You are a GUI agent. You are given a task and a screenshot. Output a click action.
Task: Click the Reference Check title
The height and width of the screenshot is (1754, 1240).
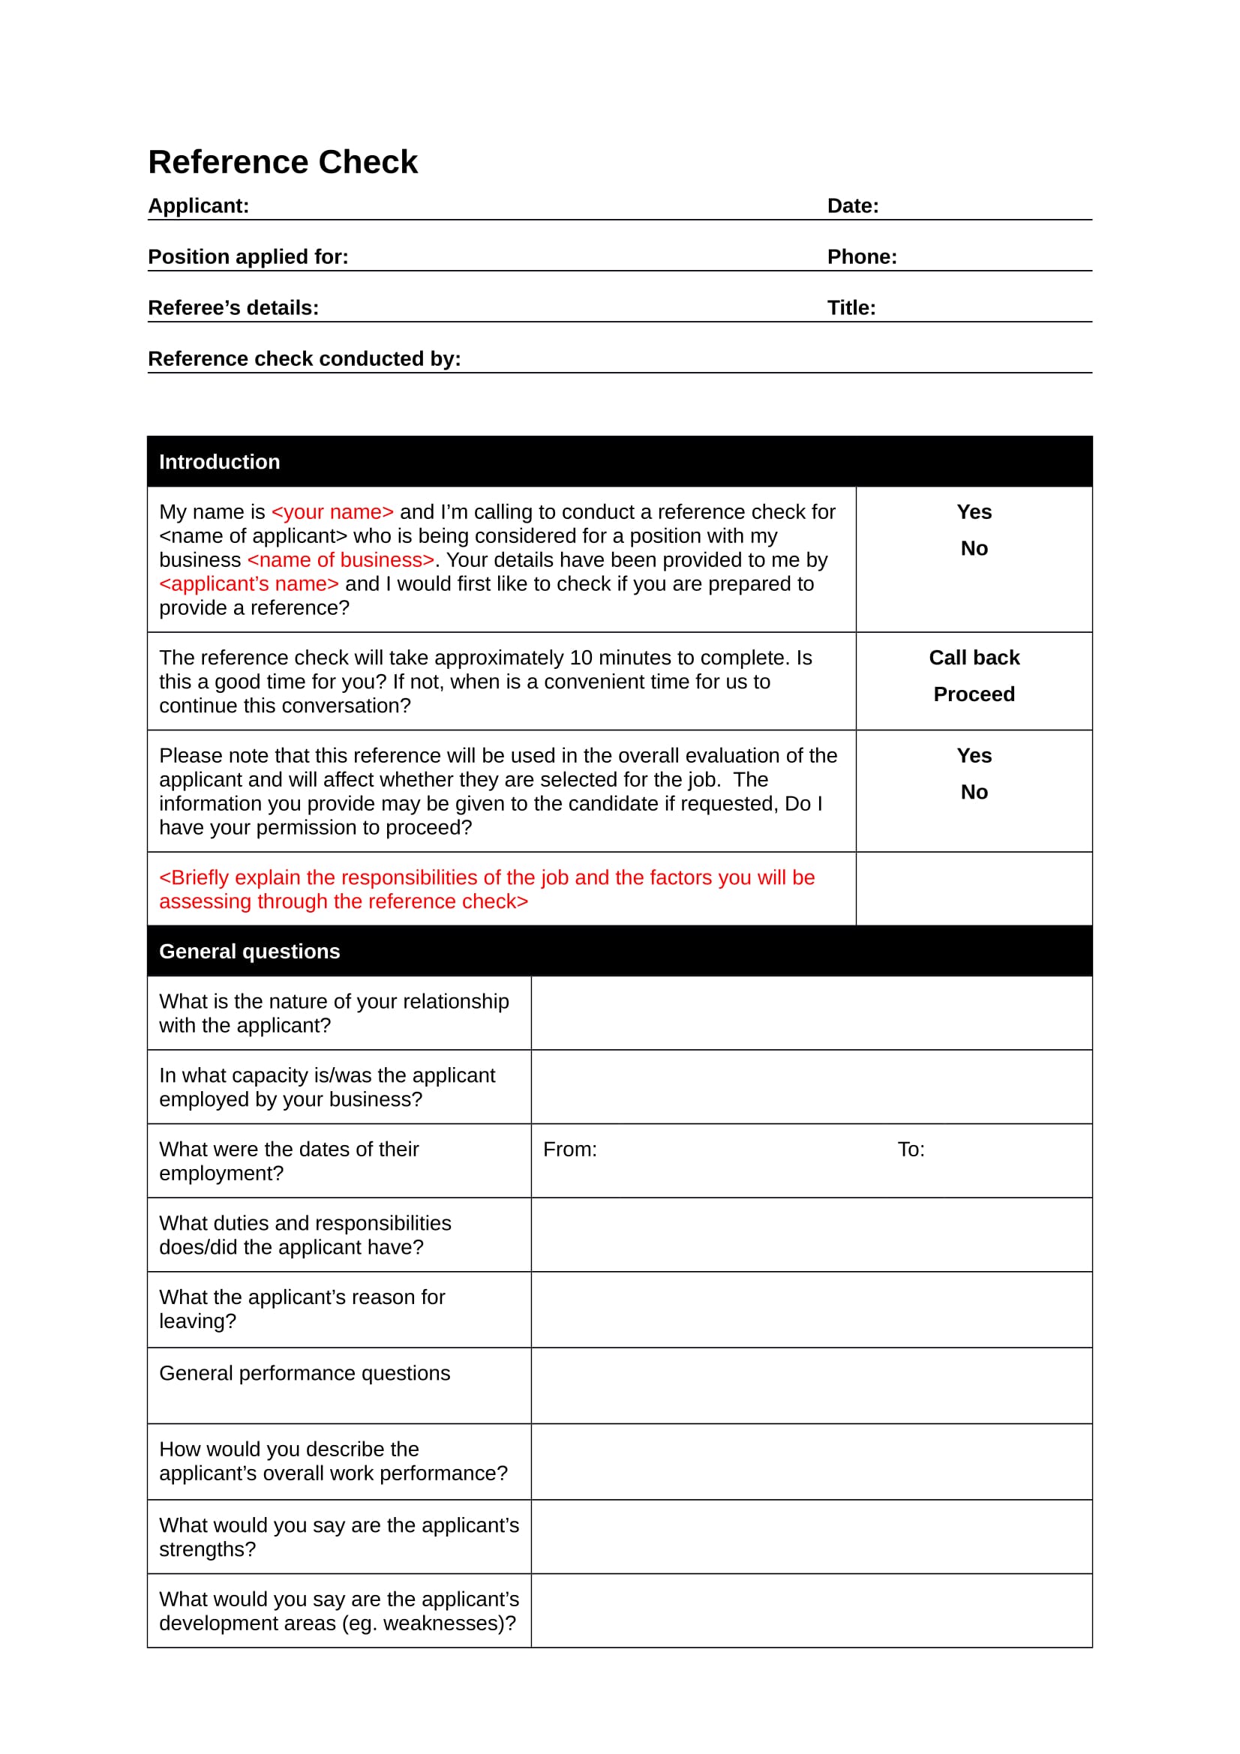coord(283,162)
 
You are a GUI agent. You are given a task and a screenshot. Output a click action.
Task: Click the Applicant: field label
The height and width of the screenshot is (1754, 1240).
coord(199,205)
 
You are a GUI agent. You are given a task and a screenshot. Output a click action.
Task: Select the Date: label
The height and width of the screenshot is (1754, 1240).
coord(853,205)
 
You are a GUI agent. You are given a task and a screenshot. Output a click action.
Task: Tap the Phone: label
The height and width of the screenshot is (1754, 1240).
coord(862,256)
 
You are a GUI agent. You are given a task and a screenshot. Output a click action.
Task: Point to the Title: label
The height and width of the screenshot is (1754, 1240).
coord(851,308)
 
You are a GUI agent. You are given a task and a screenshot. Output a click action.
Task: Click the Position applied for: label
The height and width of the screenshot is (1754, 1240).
coord(248,256)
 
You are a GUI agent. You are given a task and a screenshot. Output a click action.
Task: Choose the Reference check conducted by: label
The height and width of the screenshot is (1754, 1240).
coord(304,359)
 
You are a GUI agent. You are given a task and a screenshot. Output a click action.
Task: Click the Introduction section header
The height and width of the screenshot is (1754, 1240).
coord(219,462)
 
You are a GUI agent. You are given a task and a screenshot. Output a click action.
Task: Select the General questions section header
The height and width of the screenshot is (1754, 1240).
coord(249,952)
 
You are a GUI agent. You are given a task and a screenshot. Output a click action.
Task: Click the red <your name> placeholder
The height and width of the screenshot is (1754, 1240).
coord(332,512)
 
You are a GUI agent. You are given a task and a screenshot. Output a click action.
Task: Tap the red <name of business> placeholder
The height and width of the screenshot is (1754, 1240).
coord(341,560)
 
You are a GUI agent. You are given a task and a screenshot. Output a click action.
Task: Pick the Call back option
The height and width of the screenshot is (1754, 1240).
coord(974,658)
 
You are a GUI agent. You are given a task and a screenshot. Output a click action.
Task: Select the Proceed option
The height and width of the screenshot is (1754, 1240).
coord(974,694)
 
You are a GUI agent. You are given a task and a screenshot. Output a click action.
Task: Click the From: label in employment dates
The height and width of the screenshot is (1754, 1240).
coord(570,1150)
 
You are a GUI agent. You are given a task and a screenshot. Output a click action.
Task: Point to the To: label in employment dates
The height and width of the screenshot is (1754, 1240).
coord(911,1150)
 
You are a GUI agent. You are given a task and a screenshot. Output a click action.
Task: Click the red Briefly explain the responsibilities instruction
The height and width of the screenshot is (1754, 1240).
coord(487,889)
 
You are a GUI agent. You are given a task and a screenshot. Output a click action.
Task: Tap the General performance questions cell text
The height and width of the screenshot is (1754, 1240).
coord(304,1374)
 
